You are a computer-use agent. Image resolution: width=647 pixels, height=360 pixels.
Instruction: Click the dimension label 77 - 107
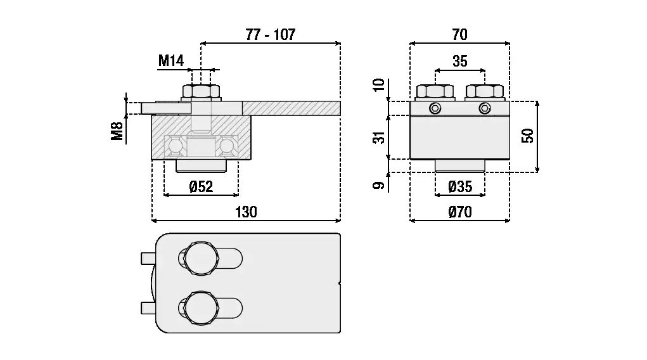point(270,35)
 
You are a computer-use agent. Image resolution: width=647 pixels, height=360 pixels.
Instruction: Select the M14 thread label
point(170,61)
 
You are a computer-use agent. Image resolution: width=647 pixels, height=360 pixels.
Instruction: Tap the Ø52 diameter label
point(201,186)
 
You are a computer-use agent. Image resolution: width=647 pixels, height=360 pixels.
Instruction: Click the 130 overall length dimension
point(246,212)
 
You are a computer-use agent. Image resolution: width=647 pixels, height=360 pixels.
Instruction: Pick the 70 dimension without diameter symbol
point(459,35)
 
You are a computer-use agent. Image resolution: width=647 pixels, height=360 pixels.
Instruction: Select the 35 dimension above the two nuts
point(460,61)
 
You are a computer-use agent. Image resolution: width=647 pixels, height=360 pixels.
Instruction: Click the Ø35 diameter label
point(460,186)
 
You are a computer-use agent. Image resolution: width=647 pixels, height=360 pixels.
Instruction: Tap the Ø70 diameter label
point(460,212)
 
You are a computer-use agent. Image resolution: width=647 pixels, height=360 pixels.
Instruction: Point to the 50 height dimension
point(528,135)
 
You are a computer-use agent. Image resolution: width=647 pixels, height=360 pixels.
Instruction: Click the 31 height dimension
point(380,137)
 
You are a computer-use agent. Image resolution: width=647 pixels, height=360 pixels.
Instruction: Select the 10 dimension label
point(380,85)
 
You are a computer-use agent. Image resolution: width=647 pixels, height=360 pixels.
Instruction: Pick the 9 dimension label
point(380,185)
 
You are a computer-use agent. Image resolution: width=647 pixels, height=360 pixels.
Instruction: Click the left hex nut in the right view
point(434,91)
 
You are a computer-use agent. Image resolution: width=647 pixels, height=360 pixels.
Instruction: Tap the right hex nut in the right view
point(485,91)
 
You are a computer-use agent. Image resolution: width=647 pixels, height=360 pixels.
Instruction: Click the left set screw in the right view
point(434,108)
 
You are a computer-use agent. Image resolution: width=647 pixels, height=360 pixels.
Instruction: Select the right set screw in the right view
point(485,108)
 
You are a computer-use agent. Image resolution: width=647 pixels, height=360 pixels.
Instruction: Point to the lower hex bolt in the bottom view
point(200,309)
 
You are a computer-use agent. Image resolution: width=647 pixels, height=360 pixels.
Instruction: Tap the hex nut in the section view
point(201,91)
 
